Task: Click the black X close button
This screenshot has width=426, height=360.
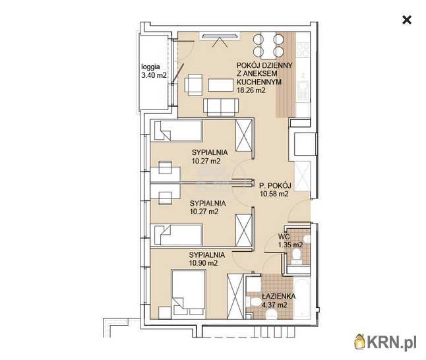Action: point(406,20)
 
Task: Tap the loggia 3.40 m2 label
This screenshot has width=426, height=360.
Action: point(154,71)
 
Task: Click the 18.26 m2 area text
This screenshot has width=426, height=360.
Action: point(251,90)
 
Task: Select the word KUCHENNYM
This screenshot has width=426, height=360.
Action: point(259,82)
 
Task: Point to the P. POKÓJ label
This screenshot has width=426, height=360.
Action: point(275,186)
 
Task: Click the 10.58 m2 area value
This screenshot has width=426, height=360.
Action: point(274,194)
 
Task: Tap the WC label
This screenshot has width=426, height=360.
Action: point(284,237)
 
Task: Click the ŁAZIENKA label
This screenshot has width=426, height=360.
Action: point(278,297)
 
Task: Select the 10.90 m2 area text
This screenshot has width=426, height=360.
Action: point(203,263)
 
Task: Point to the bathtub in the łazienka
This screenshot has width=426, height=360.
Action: point(302,297)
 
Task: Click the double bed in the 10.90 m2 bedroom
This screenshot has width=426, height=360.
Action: point(189,293)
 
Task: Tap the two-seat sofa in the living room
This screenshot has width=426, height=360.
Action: point(221,107)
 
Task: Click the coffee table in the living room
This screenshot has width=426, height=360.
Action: point(221,85)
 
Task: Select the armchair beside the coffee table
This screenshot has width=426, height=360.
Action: point(193,85)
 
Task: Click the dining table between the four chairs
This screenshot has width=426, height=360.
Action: point(268,45)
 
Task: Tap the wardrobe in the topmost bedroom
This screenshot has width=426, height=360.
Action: point(244,135)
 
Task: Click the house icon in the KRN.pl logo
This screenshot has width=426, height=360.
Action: point(359,342)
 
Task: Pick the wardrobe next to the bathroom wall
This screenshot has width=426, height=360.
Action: point(235,296)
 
